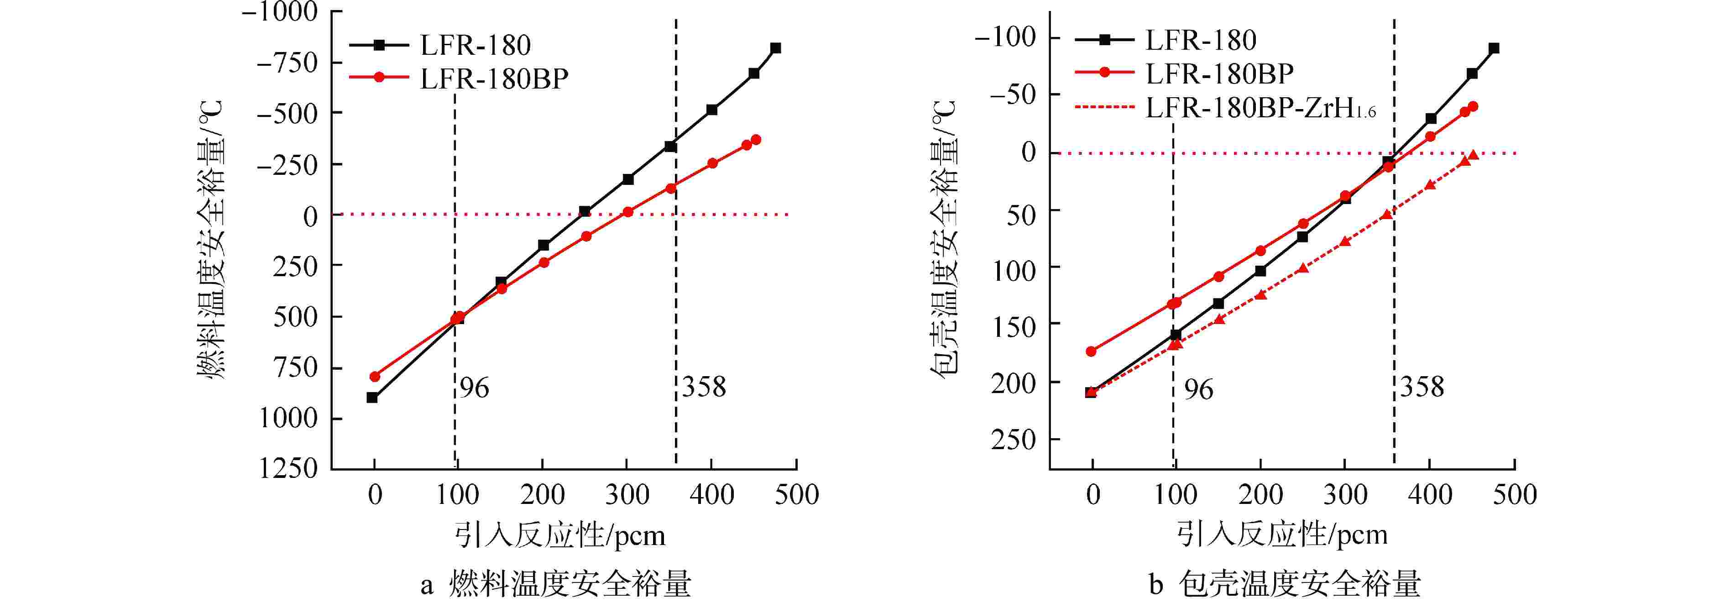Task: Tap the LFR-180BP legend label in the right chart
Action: [x=1219, y=73]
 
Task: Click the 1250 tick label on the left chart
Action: [x=288, y=468]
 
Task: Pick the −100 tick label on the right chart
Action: [x=1004, y=37]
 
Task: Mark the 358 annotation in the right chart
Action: [x=1422, y=387]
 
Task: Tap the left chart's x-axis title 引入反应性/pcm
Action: [x=560, y=536]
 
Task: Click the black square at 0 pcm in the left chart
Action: [x=372, y=397]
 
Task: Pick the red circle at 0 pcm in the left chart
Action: [x=375, y=377]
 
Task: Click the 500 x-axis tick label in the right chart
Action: [x=1515, y=495]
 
